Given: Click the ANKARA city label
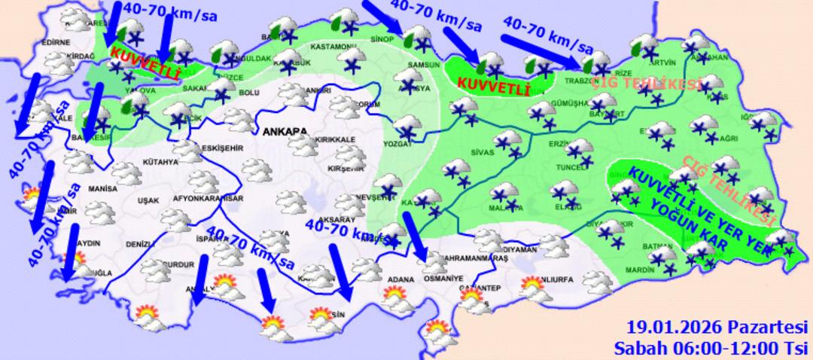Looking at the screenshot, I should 285,132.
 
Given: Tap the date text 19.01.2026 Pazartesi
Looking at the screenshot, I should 717,328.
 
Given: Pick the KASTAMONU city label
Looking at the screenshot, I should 336,47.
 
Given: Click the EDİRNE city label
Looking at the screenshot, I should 56,43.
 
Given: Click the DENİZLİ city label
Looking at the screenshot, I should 139,245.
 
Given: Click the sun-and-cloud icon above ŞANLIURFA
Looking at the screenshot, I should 534,286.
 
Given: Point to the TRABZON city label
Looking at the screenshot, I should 583,81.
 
